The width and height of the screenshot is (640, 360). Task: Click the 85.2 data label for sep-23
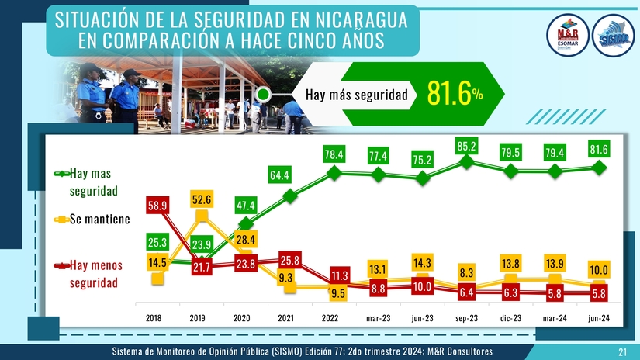click(467, 146)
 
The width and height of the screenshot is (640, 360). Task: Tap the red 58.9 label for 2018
click(158, 206)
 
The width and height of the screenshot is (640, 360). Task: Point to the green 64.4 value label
click(279, 176)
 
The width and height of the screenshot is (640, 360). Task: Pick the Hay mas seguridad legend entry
click(90, 181)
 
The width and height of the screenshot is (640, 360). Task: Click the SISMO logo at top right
click(612, 36)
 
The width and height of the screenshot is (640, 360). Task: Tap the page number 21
click(622, 352)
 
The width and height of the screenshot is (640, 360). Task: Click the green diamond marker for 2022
click(334, 173)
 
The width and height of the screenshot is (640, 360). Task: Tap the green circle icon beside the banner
click(263, 95)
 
